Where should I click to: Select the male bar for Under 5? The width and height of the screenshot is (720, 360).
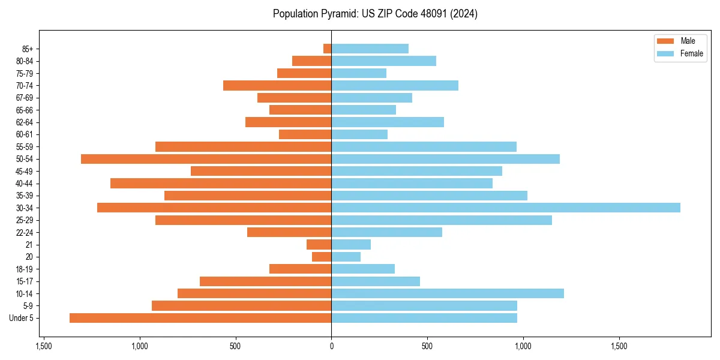point(200,318)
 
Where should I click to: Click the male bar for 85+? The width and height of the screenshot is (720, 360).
point(328,49)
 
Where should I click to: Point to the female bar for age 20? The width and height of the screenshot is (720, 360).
point(346,257)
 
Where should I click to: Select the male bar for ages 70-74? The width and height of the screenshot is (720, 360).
point(277,86)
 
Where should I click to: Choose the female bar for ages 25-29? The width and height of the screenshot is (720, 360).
point(441,220)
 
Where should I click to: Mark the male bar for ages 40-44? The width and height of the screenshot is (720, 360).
point(221,183)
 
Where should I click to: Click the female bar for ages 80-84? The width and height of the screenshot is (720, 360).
point(383,61)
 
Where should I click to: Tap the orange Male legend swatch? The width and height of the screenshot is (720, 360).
point(665,41)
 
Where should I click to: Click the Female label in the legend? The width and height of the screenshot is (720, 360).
point(691,53)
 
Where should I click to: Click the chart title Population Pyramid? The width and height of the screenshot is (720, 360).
point(375,14)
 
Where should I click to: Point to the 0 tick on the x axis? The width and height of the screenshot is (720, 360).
point(331,346)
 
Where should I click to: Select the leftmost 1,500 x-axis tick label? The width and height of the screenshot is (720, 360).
point(44,346)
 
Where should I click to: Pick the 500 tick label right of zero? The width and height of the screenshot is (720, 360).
point(427,346)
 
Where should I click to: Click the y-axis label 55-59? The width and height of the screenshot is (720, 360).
point(25,147)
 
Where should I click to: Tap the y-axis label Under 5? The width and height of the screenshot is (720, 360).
point(22,318)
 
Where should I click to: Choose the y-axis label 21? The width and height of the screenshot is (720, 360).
point(29,245)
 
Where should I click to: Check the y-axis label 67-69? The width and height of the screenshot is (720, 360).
point(25,98)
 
